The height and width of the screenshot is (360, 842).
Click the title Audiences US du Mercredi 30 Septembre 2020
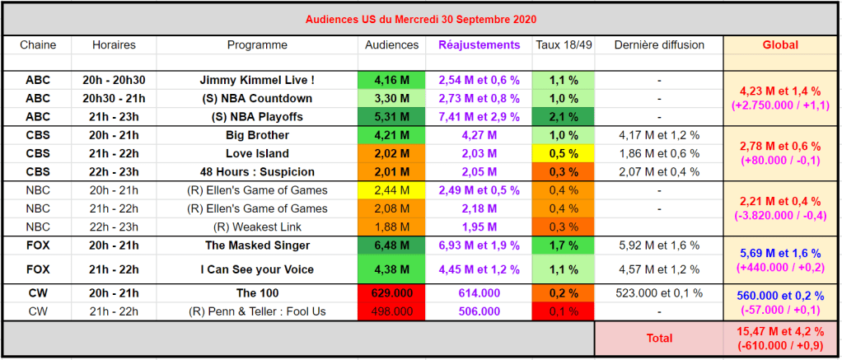[421, 18]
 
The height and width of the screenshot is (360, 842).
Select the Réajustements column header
[479, 45]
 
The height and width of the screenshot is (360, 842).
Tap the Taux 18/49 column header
[564, 45]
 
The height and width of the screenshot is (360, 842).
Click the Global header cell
[780, 45]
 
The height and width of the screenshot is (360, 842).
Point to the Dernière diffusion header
[659, 45]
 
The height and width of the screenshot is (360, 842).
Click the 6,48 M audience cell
[391, 245]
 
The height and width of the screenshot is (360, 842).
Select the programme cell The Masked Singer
[257, 245]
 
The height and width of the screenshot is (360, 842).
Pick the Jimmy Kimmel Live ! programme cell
[257, 81]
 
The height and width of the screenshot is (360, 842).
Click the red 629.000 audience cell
[391, 293]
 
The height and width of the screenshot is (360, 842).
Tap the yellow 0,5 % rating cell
[564, 153]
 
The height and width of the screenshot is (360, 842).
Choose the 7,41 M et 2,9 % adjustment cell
[479, 117]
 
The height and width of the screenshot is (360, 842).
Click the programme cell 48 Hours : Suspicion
[257, 171]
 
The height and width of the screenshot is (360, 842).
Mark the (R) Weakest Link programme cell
[257, 227]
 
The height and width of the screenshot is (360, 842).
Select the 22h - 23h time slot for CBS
[114, 171]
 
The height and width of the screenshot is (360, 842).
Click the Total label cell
[659, 338]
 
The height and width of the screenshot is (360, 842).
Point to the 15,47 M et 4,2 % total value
[780, 332]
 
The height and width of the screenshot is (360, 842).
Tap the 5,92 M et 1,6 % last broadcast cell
[659, 245]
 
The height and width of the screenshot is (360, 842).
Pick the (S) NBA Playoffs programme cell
[257, 117]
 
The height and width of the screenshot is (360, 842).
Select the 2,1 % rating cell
[564, 117]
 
